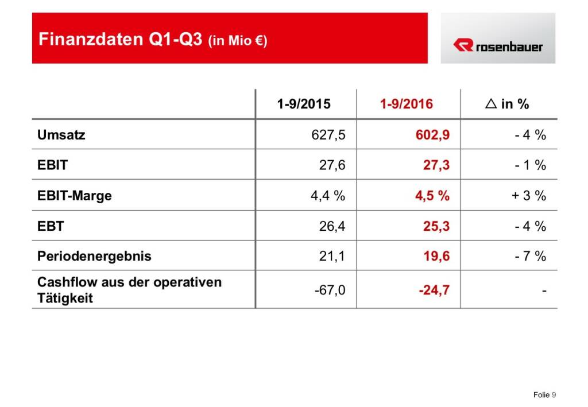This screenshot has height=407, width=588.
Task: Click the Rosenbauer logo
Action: tap(497, 45)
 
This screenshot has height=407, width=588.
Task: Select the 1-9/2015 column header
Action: tap(304, 104)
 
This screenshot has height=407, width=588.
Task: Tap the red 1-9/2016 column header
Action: tap(407, 104)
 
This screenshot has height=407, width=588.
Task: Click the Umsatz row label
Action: tap(61, 135)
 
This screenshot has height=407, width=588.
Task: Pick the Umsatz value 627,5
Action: tap(327, 135)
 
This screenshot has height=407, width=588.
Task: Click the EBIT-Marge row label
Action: tap(75, 195)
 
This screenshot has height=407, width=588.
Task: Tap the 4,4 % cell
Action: tap(327, 195)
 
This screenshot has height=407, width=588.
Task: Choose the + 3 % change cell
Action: tap(528, 195)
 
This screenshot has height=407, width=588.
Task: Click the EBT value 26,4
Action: tap(332, 226)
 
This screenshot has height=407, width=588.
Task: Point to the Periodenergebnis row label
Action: tap(94, 256)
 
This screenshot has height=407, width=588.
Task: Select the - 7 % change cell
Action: tap(530, 256)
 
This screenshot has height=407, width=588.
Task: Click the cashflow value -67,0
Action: tap(330, 290)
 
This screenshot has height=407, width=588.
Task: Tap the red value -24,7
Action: tap(434, 290)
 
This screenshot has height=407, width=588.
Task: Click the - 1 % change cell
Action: tap(530, 165)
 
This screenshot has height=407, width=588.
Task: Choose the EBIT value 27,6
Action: tap(332, 165)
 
